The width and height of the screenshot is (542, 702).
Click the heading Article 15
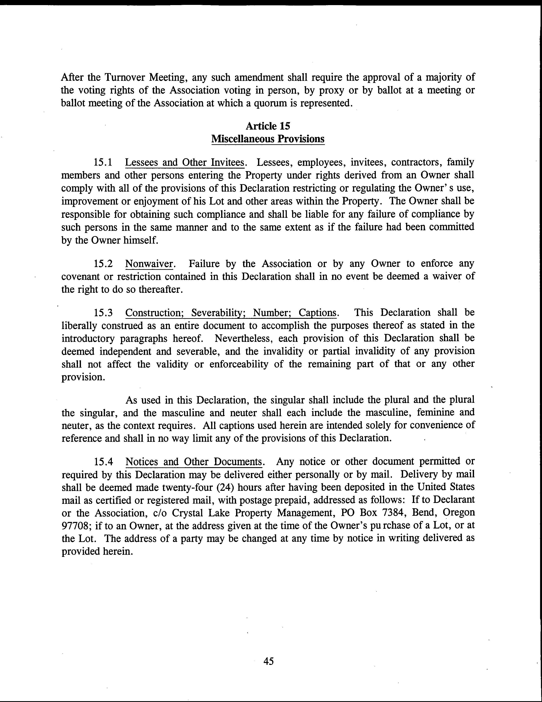click(x=268, y=126)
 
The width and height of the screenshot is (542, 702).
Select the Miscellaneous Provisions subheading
click(x=268, y=139)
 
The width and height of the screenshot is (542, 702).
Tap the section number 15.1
click(x=103, y=162)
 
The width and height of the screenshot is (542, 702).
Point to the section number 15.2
click(x=103, y=264)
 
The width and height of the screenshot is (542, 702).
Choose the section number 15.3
click(x=103, y=313)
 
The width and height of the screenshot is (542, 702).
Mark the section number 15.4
click(x=103, y=462)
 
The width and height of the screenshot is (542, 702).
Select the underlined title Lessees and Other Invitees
click(x=185, y=162)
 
